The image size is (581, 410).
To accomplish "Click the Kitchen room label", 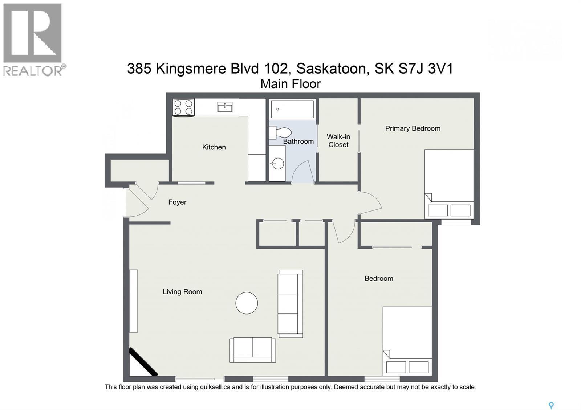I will (214, 147).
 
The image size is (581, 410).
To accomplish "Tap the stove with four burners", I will (183, 107).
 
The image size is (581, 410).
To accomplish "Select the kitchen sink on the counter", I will (225, 107).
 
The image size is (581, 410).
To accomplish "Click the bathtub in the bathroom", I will (292, 109).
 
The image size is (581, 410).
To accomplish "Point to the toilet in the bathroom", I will (280, 132).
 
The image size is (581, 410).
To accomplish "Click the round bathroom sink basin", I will (277, 164).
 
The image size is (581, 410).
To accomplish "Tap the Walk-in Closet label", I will (338, 140).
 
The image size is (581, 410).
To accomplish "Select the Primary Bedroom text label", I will (413, 128).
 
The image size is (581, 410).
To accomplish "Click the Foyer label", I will (177, 202).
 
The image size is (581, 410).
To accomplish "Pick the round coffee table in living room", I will (247, 303).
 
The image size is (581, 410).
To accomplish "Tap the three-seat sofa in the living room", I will (290, 304).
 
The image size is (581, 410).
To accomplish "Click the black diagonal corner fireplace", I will (143, 362).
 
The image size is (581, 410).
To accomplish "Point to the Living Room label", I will (182, 292).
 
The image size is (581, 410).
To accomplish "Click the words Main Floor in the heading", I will (290, 84).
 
